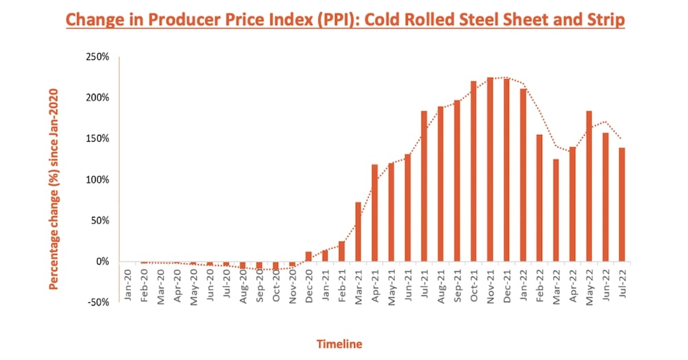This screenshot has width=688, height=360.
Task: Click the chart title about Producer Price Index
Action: (x=345, y=20)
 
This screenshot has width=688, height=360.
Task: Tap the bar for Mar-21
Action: (x=358, y=231)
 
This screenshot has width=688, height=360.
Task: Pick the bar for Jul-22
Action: (x=622, y=204)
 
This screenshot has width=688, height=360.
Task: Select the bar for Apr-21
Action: (x=375, y=213)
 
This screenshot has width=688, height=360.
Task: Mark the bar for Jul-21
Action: (x=424, y=186)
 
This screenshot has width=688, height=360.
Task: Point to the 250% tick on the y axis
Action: (x=97, y=56)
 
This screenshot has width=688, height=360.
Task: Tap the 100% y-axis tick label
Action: (x=97, y=180)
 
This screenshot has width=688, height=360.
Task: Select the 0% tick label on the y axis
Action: (x=102, y=262)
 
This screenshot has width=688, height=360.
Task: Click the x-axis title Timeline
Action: (x=339, y=343)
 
